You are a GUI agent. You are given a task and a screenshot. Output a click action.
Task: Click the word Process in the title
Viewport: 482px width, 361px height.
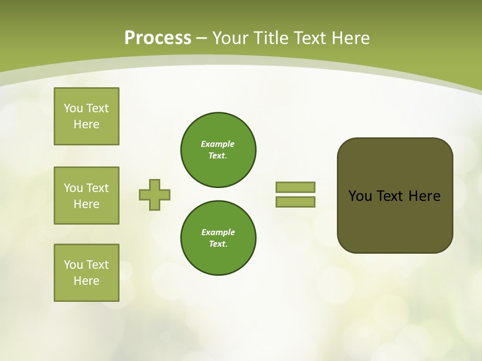(x=158, y=38)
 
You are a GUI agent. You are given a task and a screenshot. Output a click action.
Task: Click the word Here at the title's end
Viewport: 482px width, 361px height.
(x=349, y=38)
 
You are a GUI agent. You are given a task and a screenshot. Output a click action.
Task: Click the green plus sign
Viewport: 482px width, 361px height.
(x=155, y=195)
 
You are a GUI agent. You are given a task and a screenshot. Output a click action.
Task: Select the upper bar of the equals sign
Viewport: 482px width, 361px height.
(x=295, y=187)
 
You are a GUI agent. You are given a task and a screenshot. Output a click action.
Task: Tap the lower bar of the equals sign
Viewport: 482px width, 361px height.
(x=295, y=202)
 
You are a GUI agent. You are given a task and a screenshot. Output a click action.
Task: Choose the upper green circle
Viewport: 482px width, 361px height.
(x=218, y=150)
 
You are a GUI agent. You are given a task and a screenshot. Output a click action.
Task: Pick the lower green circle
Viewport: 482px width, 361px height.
(x=218, y=238)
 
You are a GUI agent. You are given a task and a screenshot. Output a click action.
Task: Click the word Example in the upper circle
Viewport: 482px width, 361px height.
(x=218, y=144)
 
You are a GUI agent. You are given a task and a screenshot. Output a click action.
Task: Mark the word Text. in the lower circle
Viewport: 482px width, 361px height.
(x=218, y=244)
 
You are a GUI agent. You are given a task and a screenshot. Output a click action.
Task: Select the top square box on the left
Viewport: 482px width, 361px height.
(x=86, y=116)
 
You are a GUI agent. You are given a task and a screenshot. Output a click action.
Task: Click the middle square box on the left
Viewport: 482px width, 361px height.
(x=86, y=196)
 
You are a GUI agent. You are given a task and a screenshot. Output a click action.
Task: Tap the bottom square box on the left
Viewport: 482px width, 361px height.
(x=86, y=273)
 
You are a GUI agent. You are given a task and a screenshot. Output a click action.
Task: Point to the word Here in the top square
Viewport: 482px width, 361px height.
(x=86, y=124)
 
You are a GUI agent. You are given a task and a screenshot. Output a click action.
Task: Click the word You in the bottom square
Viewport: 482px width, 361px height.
(x=73, y=265)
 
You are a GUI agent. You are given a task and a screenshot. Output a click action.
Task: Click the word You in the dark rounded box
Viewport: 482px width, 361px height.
(x=360, y=196)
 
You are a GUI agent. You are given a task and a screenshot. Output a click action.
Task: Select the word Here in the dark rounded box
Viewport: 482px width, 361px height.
(x=424, y=196)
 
